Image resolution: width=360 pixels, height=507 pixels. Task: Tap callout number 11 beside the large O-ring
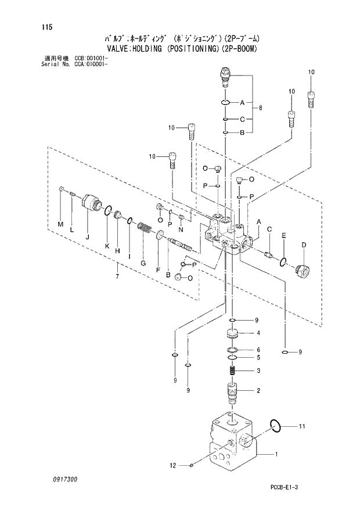(x=301, y=427)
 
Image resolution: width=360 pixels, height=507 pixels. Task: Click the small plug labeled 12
(x=193, y=465)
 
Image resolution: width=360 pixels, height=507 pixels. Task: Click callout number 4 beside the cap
(x=258, y=333)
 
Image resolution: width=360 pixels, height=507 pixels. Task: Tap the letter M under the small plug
(x=60, y=224)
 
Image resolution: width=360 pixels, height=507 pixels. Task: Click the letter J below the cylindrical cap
(x=87, y=236)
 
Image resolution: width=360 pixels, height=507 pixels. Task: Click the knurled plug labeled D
(x=301, y=270)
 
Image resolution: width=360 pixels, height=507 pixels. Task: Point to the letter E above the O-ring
(x=283, y=235)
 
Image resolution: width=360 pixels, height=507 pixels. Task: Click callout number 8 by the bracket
(x=261, y=108)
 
